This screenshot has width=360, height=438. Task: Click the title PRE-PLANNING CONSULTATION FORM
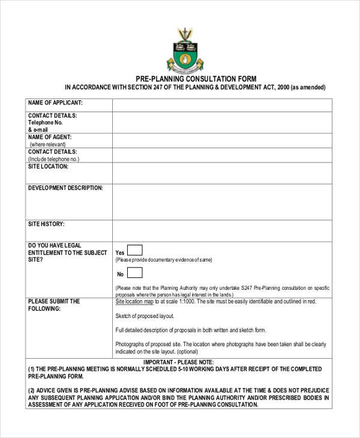pyautogui.click(x=196, y=79)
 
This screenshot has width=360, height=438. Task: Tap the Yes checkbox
pyautogui.click(x=135, y=251)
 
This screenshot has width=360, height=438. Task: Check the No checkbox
pyautogui.click(x=135, y=273)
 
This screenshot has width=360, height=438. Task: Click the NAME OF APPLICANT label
pyautogui.click(x=55, y=103)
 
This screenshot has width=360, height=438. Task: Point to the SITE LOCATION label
pyautogui.click(x=49, y=166)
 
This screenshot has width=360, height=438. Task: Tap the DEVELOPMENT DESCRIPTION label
pyautogui.click(x=65, y=188)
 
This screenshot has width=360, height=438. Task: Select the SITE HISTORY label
pyautogui.click(x=46, y=224)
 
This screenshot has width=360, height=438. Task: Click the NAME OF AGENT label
pyautogui.click(x=50, y=137)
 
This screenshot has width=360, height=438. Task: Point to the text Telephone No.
pyautogui.click(x=46, y=122)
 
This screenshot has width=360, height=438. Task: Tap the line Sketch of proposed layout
pyautogui.click(x=145, y=316)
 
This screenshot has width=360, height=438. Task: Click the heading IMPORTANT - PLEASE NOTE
pyautogui.click(x=178, y=362)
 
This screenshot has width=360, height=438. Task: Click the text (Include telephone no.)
pyautogui.click(x=54, y=159)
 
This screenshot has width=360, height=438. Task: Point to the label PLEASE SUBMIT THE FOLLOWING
pyautogui.click(x=53, y=305)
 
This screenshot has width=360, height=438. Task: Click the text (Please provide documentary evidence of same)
pyautogui.click(x=164, y=260)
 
